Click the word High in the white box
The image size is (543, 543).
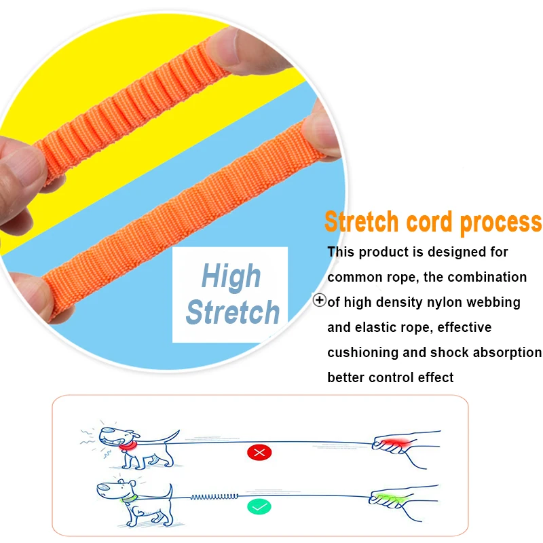(231, 276)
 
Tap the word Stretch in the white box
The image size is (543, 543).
(233, 312)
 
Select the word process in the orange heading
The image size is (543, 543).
(502, 223)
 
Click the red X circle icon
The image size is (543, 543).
(259, 451)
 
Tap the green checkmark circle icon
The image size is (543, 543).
(259, 506)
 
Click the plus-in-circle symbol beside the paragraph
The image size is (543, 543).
(320, 300)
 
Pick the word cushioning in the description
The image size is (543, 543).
(365, 352)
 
